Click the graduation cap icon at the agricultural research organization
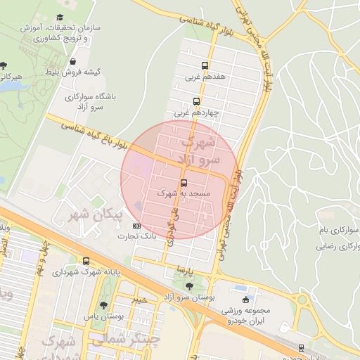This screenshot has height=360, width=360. click(60, 17)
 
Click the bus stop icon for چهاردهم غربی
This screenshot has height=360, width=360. click(195, 100)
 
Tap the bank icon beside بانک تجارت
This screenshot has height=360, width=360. click(136, 226)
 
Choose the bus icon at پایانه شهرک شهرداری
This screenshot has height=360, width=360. click(86, 260)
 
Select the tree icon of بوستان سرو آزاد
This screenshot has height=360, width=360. click(188, 285)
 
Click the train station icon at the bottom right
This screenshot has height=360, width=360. click(302, 348)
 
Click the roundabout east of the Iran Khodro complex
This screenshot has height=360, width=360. click(302, 300)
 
